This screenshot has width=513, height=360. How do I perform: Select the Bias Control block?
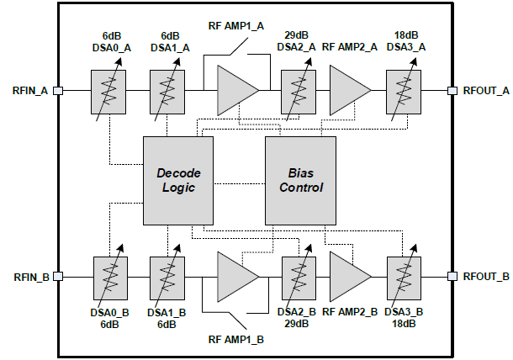(x=300, y=179)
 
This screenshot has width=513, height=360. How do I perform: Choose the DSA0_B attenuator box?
(x=108, y=276)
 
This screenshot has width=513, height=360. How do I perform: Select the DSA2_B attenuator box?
(x=298, y=276)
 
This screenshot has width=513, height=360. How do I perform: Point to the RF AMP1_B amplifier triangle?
(x=235, y=276)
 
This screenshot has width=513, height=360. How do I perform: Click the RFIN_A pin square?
(x=57, y=89)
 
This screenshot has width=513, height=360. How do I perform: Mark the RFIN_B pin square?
(x=57, y=276)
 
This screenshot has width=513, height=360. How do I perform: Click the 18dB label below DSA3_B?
(x=404, y=324)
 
